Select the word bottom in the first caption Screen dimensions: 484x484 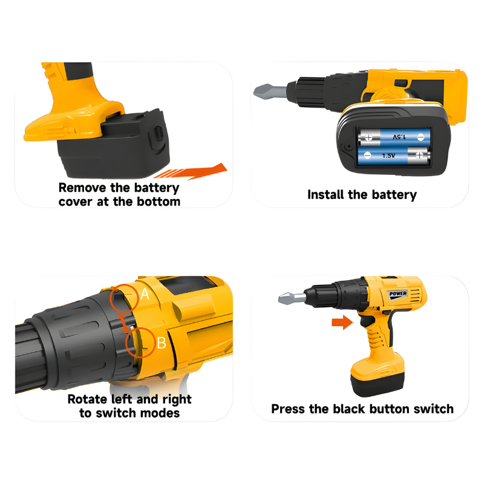coord(160,201)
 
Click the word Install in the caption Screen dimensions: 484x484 coord(327,195)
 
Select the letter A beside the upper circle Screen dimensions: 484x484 coord(145,295)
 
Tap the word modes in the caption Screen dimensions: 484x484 coord(162,413)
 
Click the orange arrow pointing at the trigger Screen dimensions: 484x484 coord(342,323)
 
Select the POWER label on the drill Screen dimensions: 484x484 coord(398,293)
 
